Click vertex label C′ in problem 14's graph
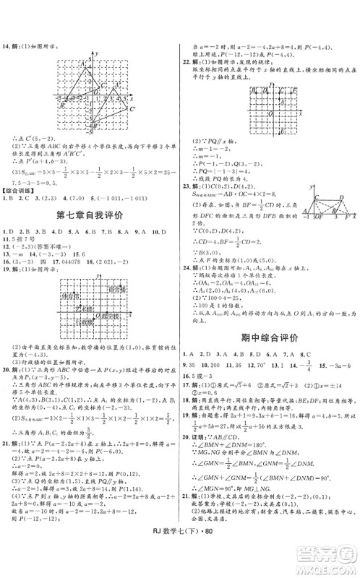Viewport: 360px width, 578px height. click(x=132, y=109)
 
